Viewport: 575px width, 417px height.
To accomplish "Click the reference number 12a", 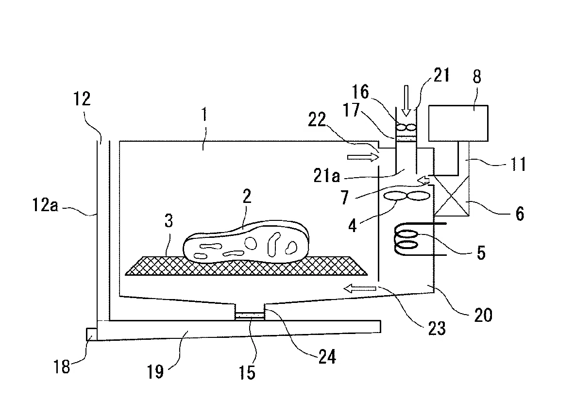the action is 45,205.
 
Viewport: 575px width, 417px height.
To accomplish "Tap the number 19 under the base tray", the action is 155,371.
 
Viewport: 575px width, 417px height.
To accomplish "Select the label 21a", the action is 327,176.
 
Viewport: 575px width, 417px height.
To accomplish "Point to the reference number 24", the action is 327,356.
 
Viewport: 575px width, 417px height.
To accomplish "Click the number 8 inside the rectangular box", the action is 477,77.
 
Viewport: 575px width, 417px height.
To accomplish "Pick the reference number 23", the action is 437,328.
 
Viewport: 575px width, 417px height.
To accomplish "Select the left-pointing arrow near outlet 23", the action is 360,289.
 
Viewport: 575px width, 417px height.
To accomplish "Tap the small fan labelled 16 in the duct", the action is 406,128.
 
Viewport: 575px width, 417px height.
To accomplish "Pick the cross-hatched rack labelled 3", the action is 246,266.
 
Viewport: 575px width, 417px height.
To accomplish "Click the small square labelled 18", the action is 91,334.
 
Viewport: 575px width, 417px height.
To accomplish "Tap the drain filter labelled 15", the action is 249,315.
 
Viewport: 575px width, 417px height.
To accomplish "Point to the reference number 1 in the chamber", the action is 204,115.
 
